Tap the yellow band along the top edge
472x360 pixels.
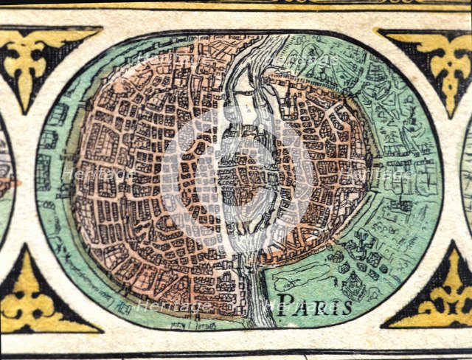(x=236, y=4)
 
